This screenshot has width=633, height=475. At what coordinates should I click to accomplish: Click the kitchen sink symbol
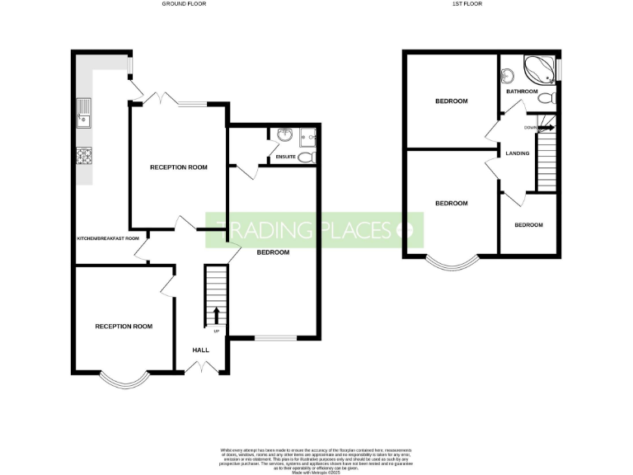click(83, 111)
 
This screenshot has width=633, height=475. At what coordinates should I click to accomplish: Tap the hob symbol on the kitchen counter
click(83, 156)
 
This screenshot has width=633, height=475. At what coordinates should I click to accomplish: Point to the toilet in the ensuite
click(306, 157)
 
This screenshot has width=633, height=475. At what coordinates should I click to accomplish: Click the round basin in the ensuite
click(284, 135)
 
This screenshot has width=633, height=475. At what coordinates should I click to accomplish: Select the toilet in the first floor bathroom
click(545, 98)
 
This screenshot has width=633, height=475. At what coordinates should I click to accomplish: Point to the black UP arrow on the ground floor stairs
click(216, 314)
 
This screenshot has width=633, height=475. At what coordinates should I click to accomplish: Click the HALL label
click(200, 350)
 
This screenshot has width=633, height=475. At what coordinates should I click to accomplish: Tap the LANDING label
click(518, 153)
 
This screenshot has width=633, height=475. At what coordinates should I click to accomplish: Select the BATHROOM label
click(522, 91)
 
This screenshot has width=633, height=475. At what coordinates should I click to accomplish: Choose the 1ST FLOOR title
click(467, 4)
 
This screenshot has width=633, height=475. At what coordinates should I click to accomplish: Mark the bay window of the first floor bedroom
click(452, 263)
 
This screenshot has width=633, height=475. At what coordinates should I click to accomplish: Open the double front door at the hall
click(200, 373)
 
